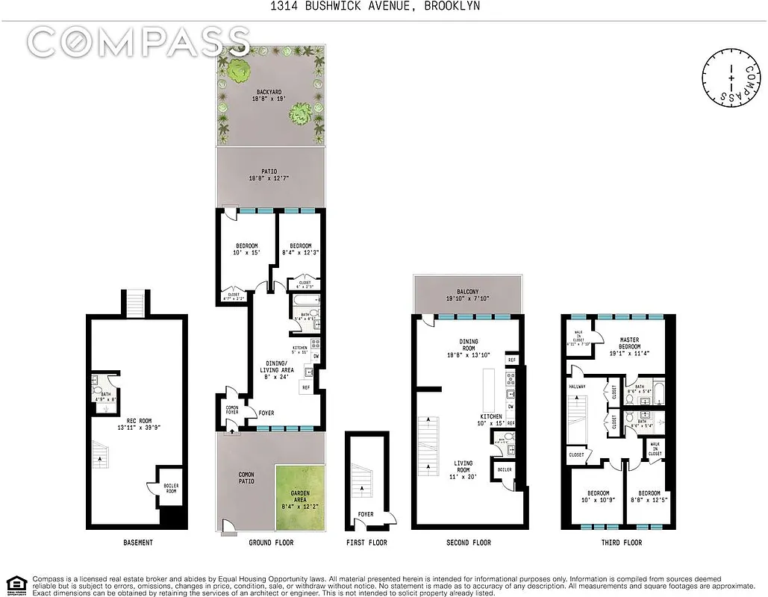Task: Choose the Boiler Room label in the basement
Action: tap(171, 489)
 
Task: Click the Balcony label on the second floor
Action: tap(467, 296)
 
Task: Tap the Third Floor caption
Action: tap(621, 543)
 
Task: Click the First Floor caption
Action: tap(366, 543)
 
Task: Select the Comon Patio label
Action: tap(246, 478)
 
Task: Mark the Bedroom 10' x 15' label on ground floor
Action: tap(246, 250)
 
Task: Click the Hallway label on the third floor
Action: tap(578, 387)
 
